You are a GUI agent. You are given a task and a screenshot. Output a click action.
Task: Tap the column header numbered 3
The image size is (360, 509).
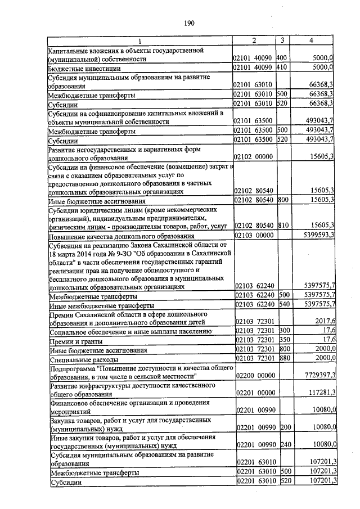click(x=282, y=40)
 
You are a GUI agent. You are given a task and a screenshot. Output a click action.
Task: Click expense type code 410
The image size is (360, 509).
click(x=282, y=68)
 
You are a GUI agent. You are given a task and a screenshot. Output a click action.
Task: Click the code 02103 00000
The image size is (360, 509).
click(x=253, y=235)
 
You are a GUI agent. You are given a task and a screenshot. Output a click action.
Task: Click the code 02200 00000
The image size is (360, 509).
click(x=253, y=375)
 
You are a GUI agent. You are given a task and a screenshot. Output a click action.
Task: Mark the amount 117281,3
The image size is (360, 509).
click(x=321, y=393)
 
